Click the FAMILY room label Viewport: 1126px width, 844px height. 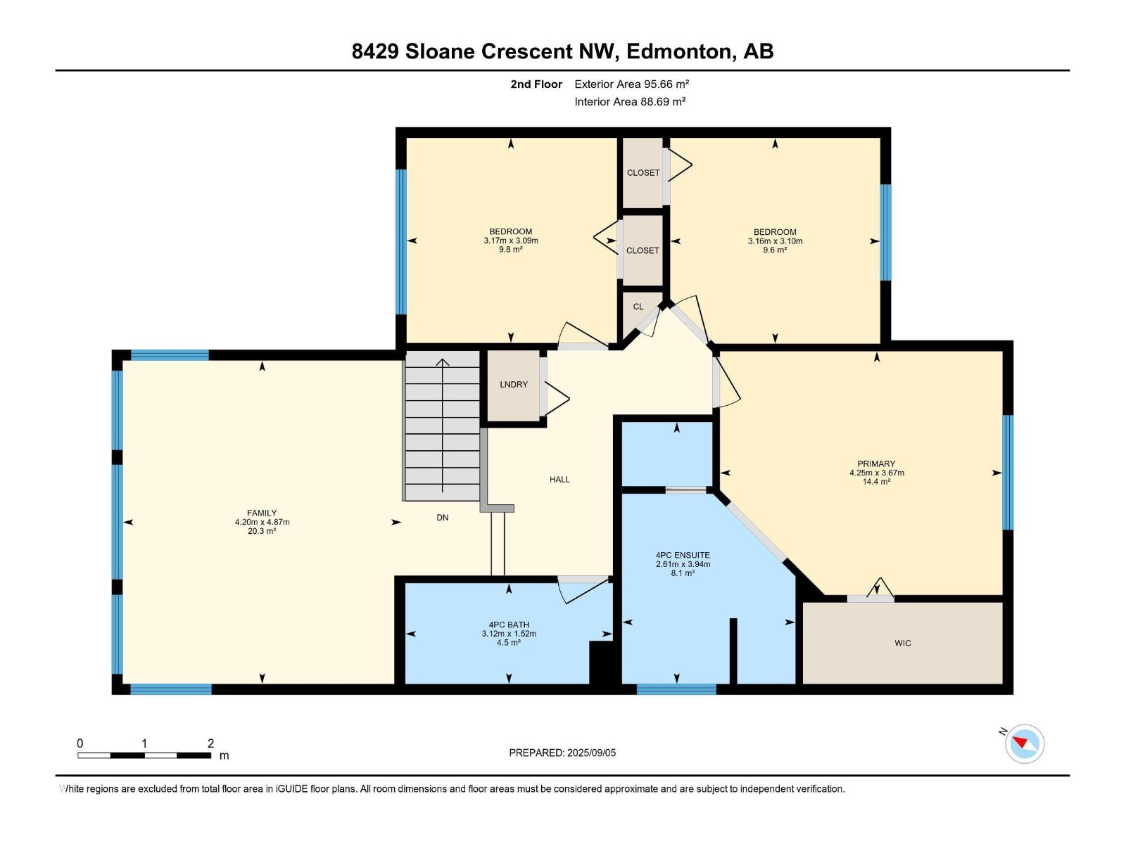tap(262, 513)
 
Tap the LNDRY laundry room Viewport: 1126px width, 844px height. tap(514, 384)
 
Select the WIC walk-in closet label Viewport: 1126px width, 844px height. tap(902, 643)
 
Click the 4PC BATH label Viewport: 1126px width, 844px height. tap(508, 625)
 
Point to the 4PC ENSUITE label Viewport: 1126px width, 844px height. tap(682, 555)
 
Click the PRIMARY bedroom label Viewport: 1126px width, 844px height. tap(876, 463)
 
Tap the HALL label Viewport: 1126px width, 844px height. tap(559, 480)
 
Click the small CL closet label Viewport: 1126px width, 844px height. tap(638, 307)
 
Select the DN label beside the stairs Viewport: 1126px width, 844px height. tap(442, 518)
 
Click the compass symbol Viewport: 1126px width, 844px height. tap(1025, 743)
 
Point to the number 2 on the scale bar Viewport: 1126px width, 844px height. tap(210, 743)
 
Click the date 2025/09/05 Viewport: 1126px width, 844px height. tap(591, 753)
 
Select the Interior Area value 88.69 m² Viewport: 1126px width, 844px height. tap(662, 101)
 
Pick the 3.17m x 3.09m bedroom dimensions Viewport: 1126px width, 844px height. tap(510, 241)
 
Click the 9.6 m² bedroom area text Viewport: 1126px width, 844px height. tap(775, 250)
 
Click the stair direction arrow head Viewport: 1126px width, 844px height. tap(442, 362)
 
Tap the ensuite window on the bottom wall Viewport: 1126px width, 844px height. tap(676, 689)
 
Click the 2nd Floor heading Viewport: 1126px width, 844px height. tap(536, 84)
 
